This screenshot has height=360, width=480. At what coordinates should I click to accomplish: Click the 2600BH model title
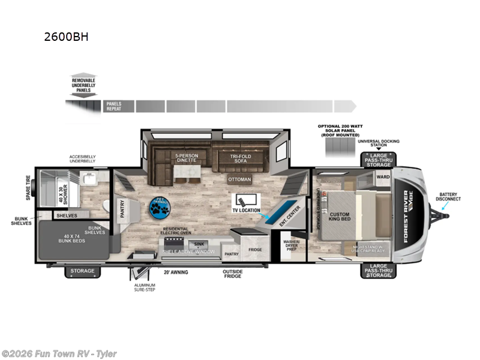pyautogui.click(x=66, y=36)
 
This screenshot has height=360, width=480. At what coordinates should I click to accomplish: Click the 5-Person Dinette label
pyautogui.click(x=186, y=158)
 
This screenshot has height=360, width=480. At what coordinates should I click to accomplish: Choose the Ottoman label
pyautogui.click(x=238, y=179)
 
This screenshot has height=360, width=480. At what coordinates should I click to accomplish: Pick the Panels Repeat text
pyautogui.click(x=114, y=107)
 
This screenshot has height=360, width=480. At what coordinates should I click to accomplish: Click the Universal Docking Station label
pyautogui.click(x=378, y=143)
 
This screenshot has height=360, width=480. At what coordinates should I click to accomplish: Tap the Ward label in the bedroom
pyautogui.click(x=382, y=177)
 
